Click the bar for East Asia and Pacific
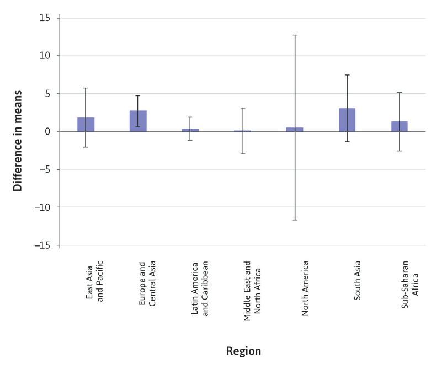[86, 125]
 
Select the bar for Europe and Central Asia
[138, 121]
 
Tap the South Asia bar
[347, 120]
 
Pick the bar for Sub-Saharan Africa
[399, 126]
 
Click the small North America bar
[295, 130]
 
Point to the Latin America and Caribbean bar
[190, 130]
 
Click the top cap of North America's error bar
[295, 35]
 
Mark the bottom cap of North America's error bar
[295, 220]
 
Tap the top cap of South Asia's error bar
[347, 75]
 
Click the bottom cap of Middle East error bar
[242, 154]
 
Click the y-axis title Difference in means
[18, 140]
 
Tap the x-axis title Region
[243, 351]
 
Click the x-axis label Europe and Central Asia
[146, 283]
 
